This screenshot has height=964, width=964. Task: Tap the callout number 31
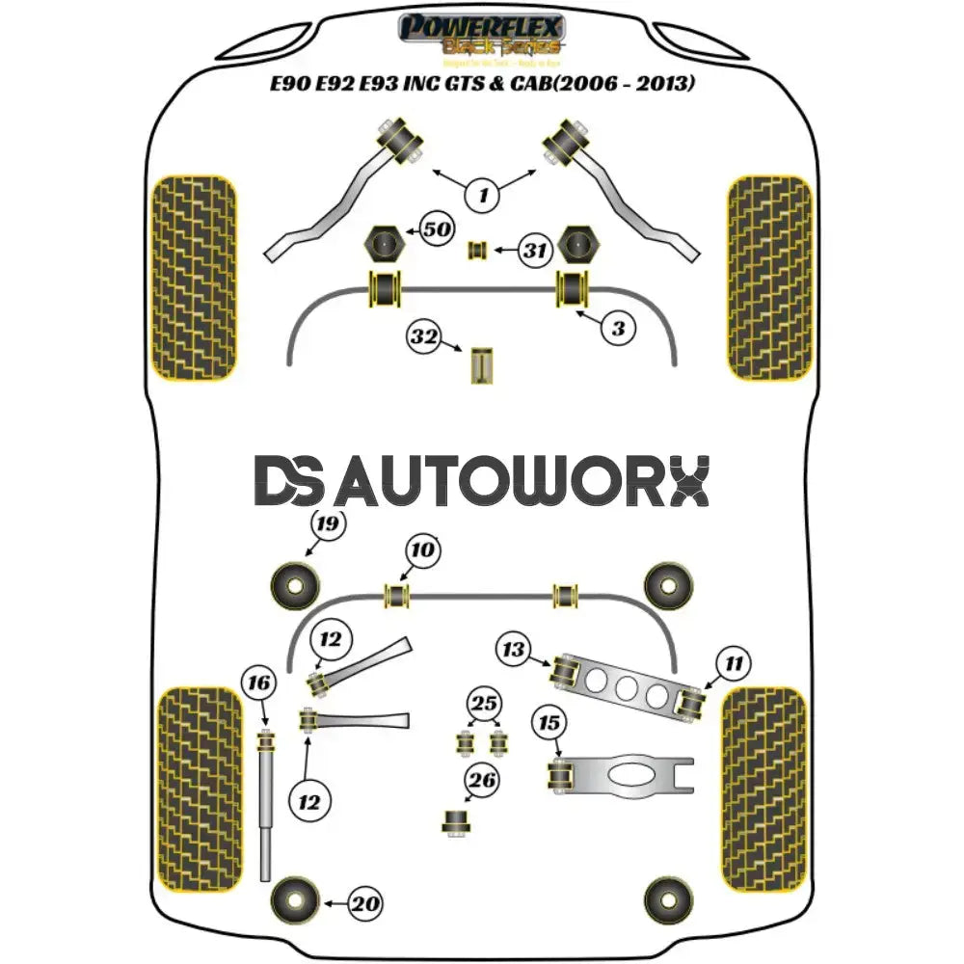pos(534,251)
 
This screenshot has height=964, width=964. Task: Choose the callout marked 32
pos(424,337)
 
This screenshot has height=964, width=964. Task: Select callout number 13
pos(515,650)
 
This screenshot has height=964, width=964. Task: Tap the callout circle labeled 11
pos(735,662)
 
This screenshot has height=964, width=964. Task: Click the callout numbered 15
pos(549,721)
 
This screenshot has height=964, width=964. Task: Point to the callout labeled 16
pos(259,683)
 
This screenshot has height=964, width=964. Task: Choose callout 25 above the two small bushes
pos(484,703)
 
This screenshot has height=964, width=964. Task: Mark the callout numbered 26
pos(484,780)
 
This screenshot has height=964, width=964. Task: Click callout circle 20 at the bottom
pos(365,904)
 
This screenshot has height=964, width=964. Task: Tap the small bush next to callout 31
pos(475,251)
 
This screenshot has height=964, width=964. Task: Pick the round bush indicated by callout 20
pos(295,902)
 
